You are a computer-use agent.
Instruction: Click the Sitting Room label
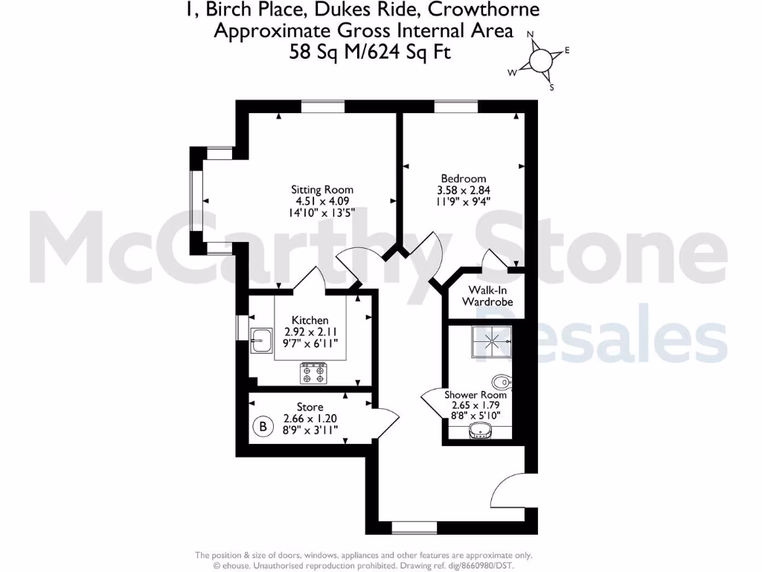click(x=321, y=189)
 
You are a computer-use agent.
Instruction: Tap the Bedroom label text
click(x=463, y=178)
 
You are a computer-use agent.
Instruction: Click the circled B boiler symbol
click(x=262, y=427)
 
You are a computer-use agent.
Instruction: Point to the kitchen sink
click(x=261, y=342)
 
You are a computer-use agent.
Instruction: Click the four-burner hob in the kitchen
click(x=313, y=372)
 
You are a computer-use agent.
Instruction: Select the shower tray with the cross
click(x=490, y=342)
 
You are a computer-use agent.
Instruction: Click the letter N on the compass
click(x=531, y=34)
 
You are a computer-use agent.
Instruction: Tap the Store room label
click(x=310, y=407)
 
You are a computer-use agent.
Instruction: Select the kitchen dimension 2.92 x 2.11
click(x=310, y=332)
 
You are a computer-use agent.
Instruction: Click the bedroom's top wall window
click(x=455, y=107)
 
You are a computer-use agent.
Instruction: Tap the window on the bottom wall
click(x=414, y=527)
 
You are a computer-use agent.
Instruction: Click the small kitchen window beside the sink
click(x=241, y=327)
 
